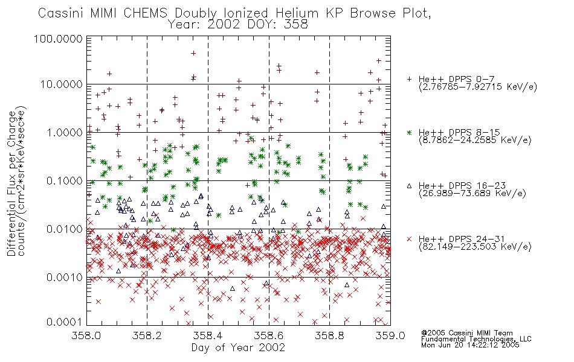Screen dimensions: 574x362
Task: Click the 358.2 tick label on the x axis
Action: (x=147, y=335)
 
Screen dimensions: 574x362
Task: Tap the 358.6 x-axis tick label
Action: (x=269, y=335)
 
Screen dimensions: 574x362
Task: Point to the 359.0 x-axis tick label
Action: (x=390, y=335)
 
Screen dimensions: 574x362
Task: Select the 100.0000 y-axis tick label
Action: (x=58, y=39)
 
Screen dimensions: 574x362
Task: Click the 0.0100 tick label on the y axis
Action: (x=65, y=229)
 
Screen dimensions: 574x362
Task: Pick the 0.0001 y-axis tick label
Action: (x=65, y=322)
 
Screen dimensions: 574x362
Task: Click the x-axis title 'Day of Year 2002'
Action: (x=238, y=348)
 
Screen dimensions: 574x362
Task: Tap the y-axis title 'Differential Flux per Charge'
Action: (x=11, y=183)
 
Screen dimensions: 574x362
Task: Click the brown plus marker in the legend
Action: (x=409, y=79)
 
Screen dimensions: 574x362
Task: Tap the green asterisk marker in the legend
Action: (x=409, y=132)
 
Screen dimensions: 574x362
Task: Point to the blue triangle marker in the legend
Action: (x=409, y=186)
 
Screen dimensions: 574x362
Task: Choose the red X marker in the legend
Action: (x=409, y=239)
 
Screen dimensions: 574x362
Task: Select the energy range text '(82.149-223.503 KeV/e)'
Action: (x=475, y=247)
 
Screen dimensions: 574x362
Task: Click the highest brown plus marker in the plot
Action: (x=193, y=53)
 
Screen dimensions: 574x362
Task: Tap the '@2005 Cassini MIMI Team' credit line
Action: (x=467, y=333)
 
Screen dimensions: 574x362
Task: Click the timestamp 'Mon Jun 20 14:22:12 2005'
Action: (x=470, y=345)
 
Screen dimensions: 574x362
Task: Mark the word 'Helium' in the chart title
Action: (x=297, y=13)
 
